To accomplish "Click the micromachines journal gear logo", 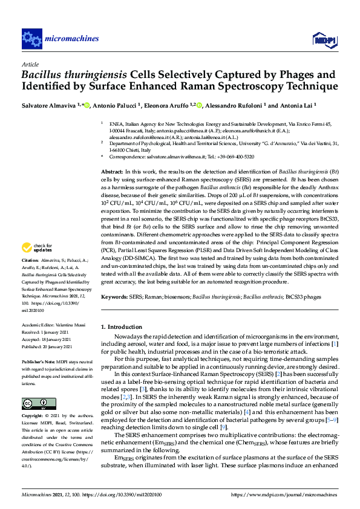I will (x=31, y=39).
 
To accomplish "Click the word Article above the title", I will (x=30, y=64).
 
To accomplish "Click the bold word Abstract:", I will (x=112, y=172).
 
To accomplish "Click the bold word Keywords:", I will (x=114, y=297).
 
